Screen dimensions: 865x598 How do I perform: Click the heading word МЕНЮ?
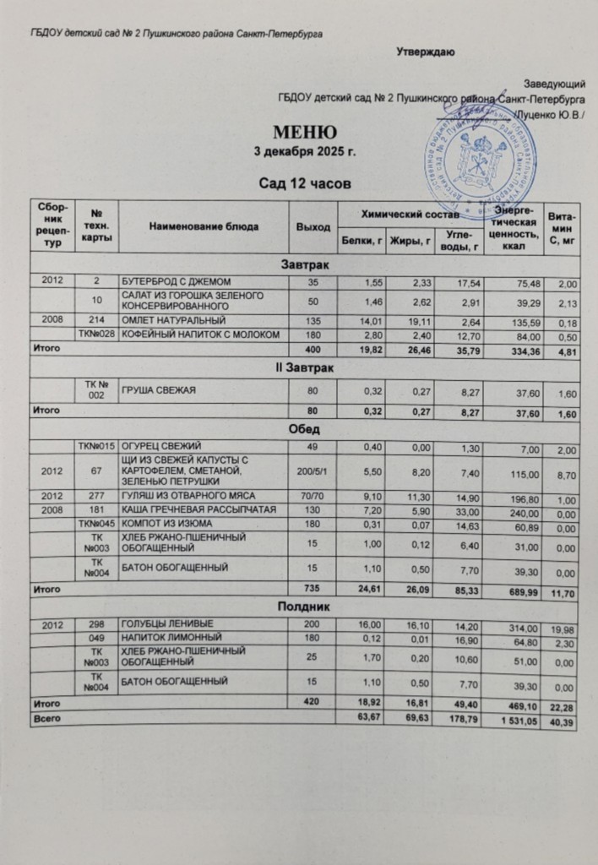(x=305, y=133)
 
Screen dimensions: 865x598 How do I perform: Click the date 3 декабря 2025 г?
(x=305, y=153)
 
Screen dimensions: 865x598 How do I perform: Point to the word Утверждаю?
(x=427, y=52)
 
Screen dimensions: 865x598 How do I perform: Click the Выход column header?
(x=309, y=226)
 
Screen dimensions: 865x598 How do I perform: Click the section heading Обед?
(x=304, y=428)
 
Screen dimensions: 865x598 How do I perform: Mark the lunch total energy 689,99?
(x=519, y=585)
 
